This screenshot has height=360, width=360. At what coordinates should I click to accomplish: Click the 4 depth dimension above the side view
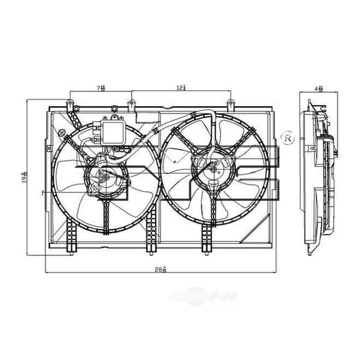tap(319, 89)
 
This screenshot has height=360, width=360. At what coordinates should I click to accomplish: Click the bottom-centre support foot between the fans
tap(149, 241)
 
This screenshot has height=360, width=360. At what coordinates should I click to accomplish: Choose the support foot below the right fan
tap(207, 241)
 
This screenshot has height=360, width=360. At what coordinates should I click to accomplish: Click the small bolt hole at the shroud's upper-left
tap(64, 131)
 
